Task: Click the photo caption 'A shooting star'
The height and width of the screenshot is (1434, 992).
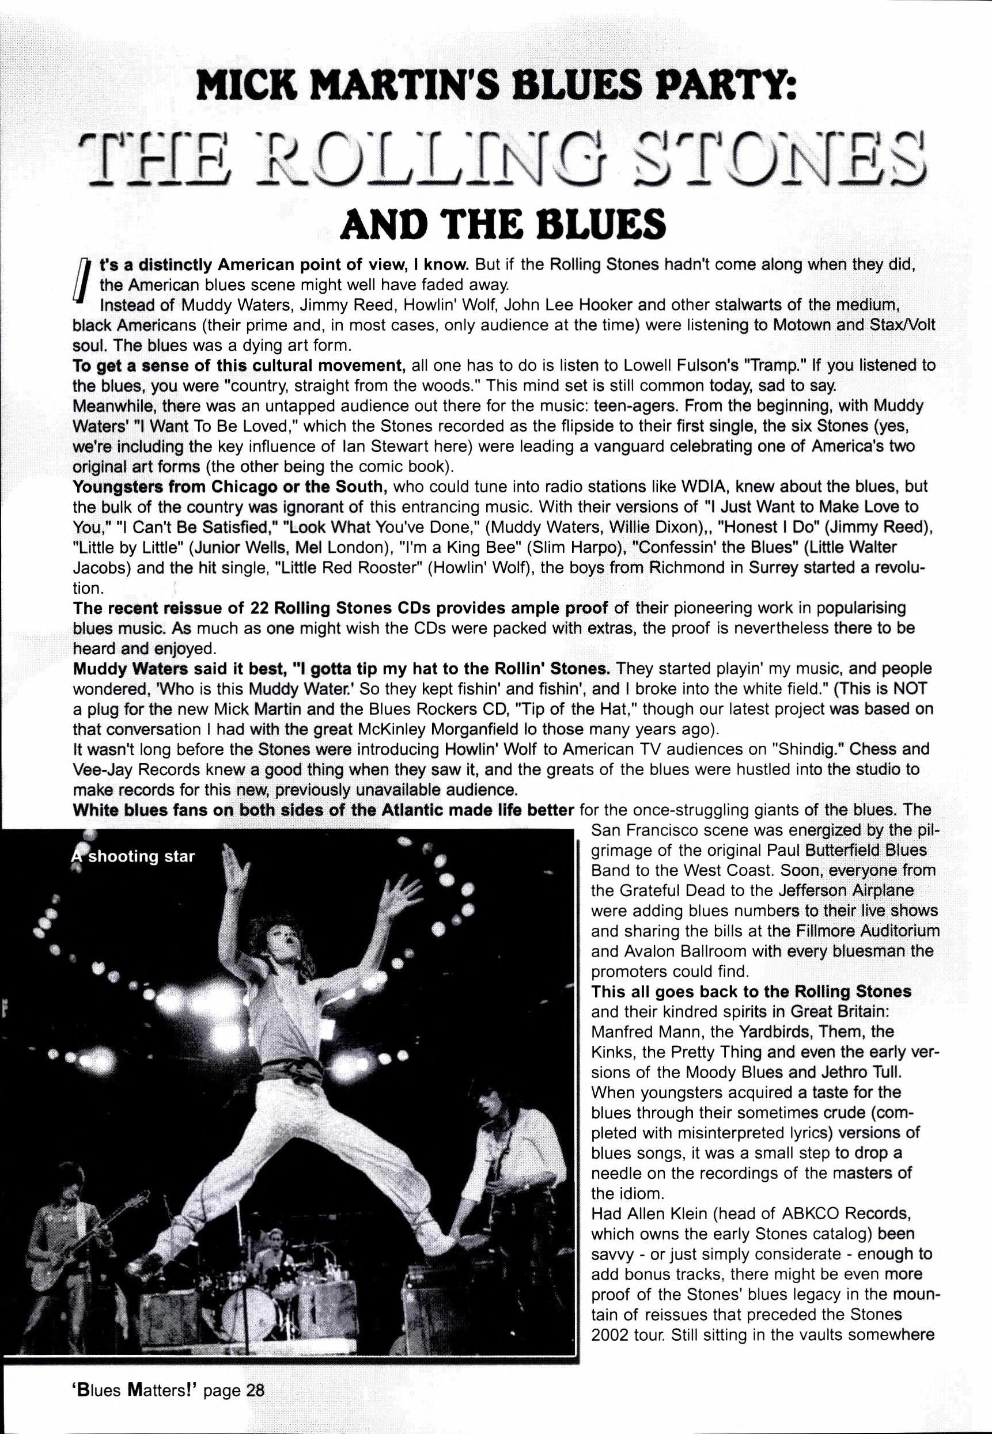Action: point(133,857)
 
